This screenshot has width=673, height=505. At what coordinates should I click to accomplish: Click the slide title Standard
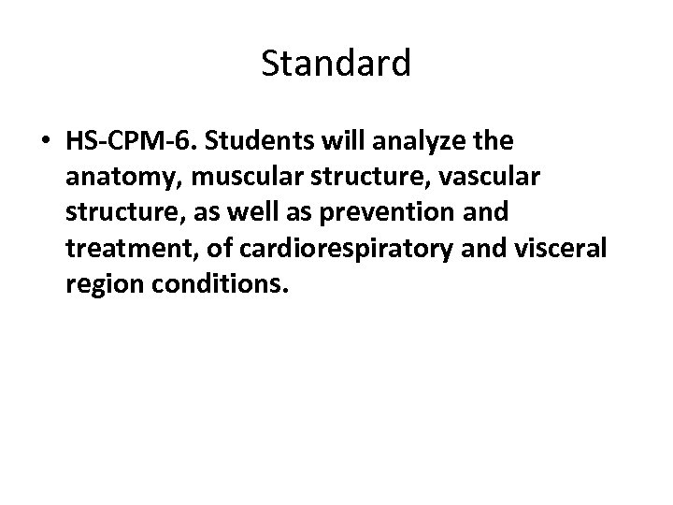click(x=336, y=64)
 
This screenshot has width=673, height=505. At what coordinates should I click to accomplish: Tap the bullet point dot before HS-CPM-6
click(x=46, y=143)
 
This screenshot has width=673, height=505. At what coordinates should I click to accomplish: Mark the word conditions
click(x=217, y=281)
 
